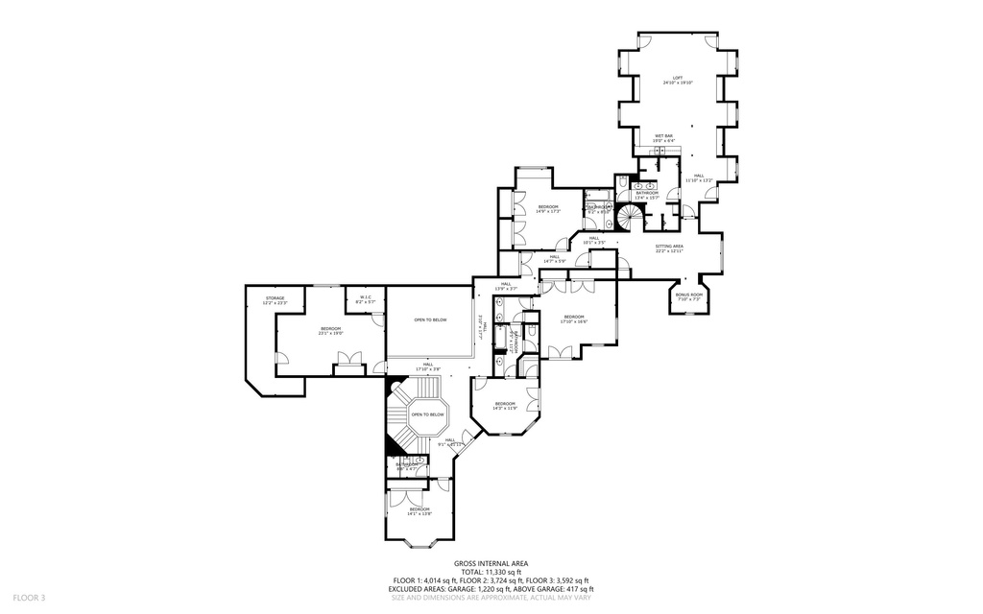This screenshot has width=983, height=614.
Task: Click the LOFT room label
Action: coord(677,81)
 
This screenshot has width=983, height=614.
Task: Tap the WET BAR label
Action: coord(664,138)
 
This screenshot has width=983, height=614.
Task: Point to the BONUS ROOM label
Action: coord(689,297)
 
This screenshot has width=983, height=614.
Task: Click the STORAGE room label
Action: coord(276,301)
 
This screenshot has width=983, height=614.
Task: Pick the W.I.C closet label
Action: coord(366,301)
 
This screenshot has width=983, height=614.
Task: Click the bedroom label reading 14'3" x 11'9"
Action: coord(505,406)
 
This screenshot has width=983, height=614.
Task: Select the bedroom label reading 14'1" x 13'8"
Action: coord(419,511)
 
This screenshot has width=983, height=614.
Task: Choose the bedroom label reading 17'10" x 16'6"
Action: coord(573,319)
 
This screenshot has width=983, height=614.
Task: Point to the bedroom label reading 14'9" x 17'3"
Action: coord(547,209)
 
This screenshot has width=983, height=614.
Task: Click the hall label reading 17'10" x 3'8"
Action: coord(428,366)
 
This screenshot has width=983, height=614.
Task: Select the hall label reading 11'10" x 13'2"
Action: coord(699,177)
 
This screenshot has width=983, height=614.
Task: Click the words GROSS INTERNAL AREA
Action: coord(491,564)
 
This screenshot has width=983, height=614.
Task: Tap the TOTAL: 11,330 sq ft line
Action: coord(491,573)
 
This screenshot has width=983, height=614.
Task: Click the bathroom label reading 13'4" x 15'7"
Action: coord(647,195)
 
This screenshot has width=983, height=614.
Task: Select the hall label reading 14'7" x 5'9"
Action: coord(555,258)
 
